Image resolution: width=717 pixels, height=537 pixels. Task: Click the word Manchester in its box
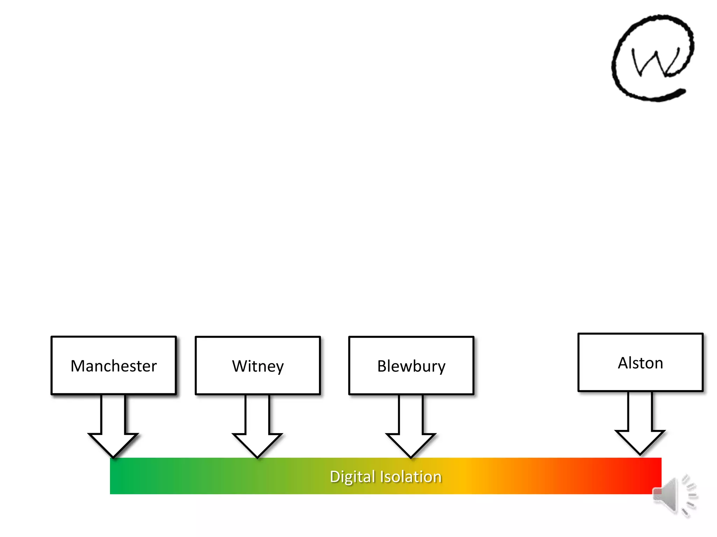113,366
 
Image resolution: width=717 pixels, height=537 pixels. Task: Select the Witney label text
258,366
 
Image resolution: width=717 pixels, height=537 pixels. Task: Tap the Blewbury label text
411,366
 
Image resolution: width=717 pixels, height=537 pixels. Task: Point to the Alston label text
640,363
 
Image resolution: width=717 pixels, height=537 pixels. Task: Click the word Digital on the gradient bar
352,477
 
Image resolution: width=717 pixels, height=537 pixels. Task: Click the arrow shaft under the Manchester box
113,414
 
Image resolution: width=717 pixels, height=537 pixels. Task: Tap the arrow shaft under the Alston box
640,411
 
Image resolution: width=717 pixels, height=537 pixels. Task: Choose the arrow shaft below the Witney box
257,414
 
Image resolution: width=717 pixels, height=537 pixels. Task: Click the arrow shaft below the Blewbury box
411,414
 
